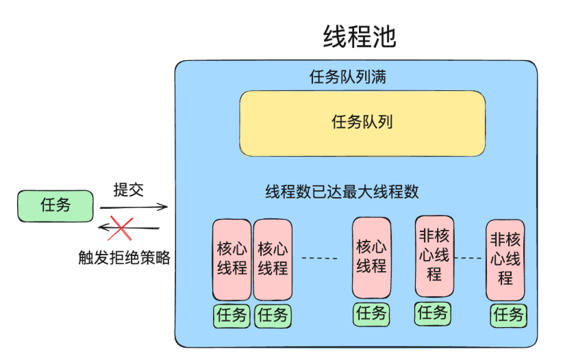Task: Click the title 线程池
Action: click(360, 37)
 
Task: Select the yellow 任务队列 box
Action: click(362, 123)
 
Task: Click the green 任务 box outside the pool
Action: click(55, 205)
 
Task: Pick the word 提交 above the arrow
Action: click(129, 190)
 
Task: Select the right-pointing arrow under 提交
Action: click(134, 206)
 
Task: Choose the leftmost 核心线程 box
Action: click(232, 259)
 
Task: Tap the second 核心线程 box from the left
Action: click(273, 259)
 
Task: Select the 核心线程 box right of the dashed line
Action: click(371, 257)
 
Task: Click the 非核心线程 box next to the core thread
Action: click(434, 255)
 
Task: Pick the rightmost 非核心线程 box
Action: click(505, 259)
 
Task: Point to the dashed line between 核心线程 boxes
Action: click(320, 258)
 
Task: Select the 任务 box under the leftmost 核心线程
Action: click(232, 316)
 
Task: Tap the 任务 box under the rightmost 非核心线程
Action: click(508, 315)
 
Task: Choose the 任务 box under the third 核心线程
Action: click(371, 314)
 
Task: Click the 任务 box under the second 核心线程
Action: click(273, 316)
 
